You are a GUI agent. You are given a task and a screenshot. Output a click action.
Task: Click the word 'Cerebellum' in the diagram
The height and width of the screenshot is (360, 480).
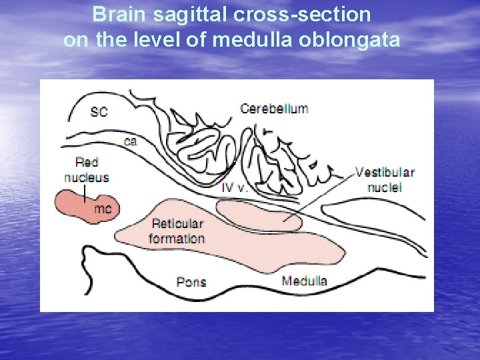[x=274, y=108]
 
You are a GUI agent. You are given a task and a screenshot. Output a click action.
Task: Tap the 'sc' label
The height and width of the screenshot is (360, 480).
[x=99, y=112]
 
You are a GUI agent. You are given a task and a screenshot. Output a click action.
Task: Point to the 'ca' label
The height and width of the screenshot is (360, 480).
[x=131, y=141]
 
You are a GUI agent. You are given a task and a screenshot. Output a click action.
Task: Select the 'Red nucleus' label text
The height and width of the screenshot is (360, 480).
[x=87, y=169]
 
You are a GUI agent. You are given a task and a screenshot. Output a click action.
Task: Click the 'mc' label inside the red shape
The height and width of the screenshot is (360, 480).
[x=103, y=209]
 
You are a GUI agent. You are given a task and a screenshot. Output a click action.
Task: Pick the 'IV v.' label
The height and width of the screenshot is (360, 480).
[x=235, y=188]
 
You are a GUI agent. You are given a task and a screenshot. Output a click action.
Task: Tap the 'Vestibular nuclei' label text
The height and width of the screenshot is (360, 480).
[x=385, y=179]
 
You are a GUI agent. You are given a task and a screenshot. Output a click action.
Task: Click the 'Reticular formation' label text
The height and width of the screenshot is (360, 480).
[x=177, y=231]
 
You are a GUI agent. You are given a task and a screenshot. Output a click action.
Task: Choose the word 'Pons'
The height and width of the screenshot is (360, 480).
[x=191, y=281]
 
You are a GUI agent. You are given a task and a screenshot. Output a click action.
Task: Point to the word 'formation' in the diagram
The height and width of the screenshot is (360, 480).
[x=177, y=238]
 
